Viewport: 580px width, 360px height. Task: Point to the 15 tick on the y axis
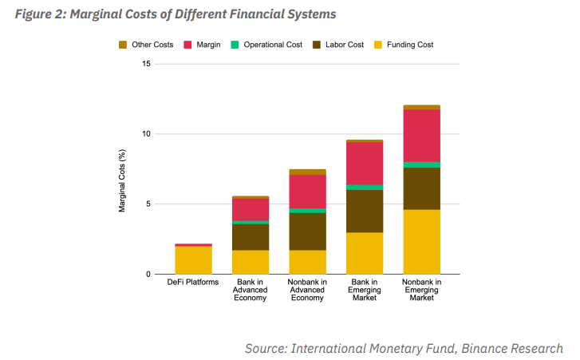click(145, 64)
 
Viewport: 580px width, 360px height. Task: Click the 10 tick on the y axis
click(145, 134)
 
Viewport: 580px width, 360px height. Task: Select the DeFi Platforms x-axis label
click(193, 282)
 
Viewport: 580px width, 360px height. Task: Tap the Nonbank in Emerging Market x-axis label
click(421, 290)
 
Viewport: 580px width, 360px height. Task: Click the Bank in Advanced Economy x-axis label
click(250, 290)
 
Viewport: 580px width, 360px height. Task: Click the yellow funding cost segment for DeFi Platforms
click(193, 260)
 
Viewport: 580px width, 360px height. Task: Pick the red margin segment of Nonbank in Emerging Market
click(421, 136)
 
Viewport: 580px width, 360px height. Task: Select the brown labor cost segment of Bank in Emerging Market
click(364, 211)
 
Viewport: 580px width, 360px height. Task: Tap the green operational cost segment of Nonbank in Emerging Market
click(421, 164)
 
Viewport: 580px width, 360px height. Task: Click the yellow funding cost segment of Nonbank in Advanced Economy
click(307, 262)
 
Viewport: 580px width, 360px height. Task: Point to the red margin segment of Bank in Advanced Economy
click(250, 209)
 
